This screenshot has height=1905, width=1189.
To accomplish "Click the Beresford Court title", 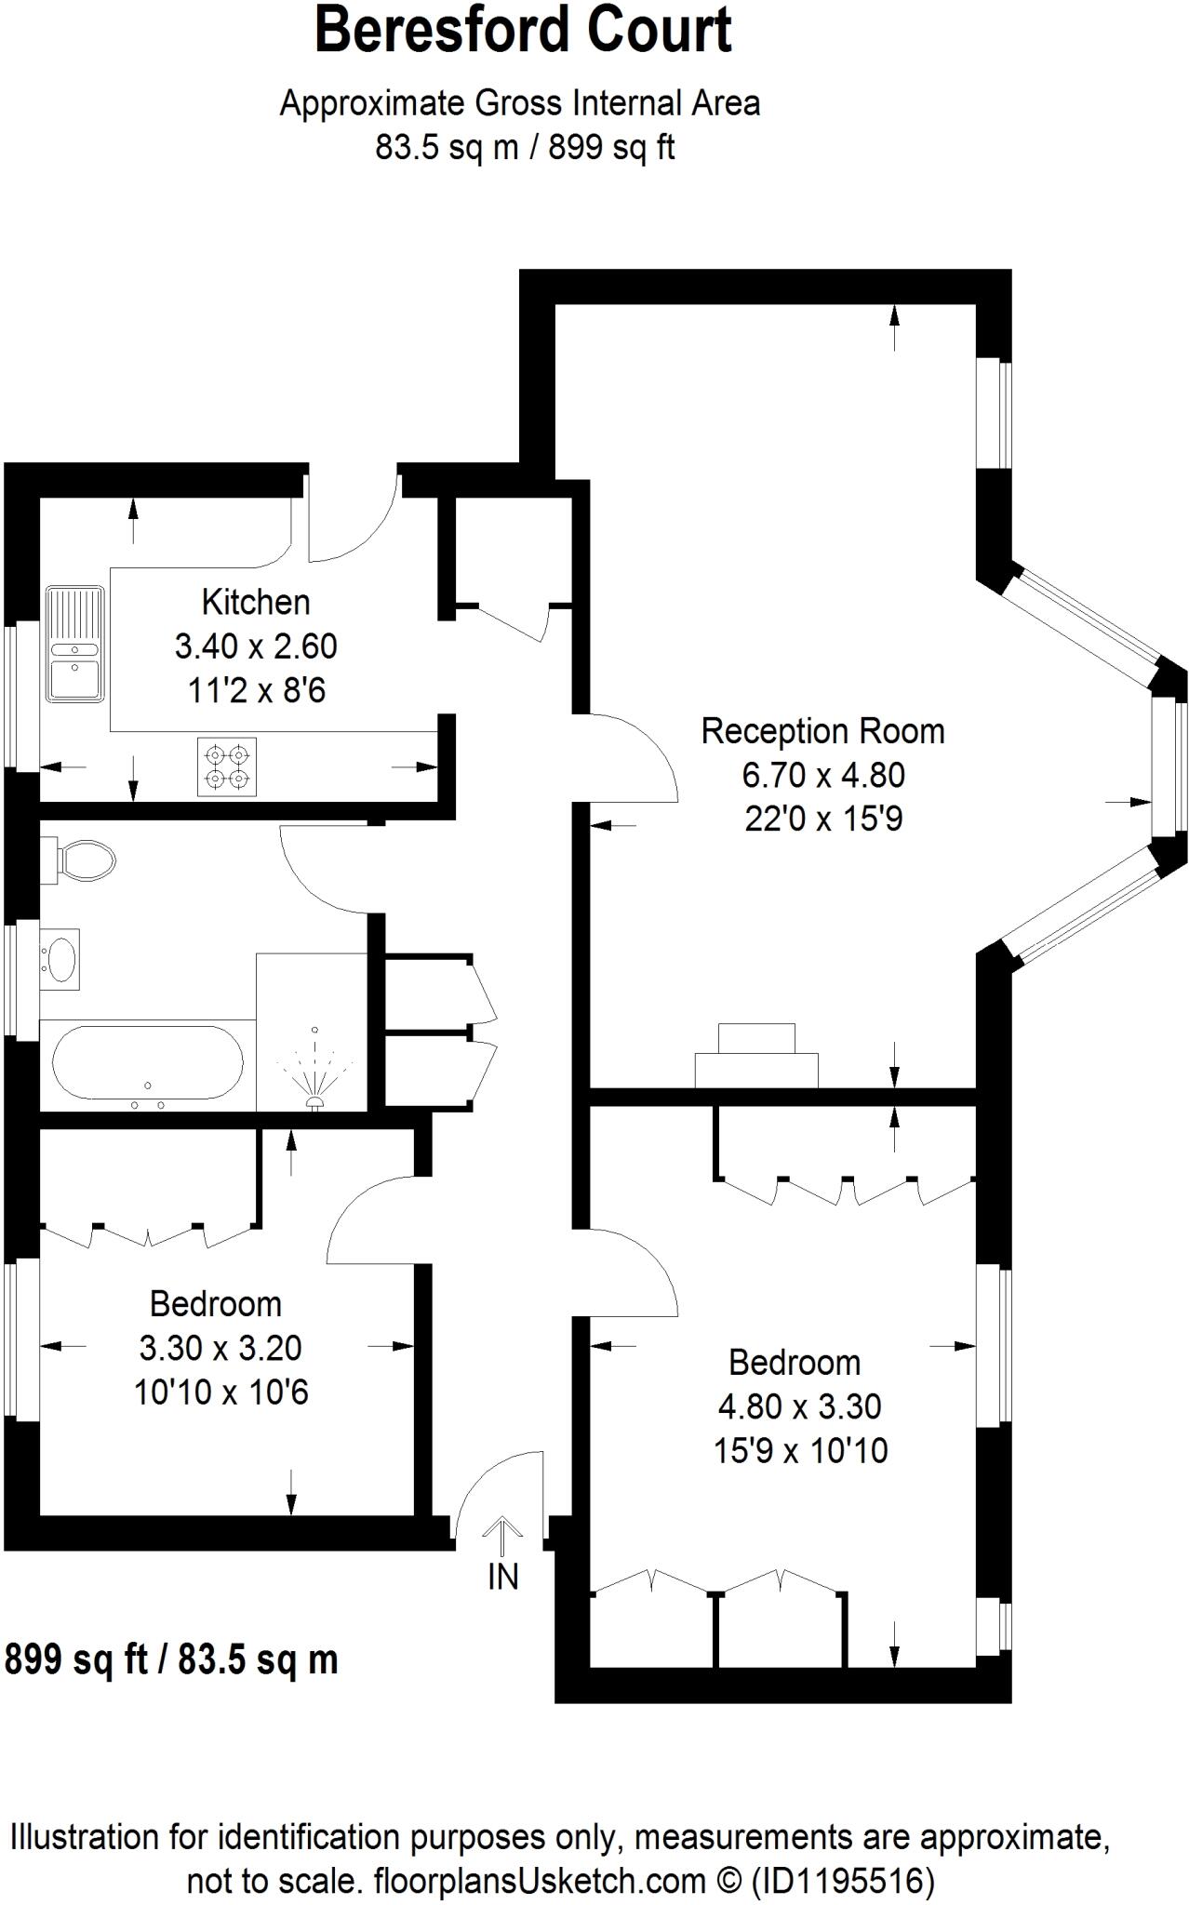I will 523,30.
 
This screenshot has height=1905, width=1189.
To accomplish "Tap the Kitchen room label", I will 256,602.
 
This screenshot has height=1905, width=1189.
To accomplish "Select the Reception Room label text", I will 822,731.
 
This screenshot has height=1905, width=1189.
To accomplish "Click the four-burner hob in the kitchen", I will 227,766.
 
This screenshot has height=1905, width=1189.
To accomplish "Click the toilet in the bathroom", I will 85,859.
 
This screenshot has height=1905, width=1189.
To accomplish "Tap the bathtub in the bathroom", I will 148,1067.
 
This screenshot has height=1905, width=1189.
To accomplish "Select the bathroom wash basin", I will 61,958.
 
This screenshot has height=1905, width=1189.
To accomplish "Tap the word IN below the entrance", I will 502,1577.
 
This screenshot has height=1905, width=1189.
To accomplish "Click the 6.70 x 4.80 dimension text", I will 823,775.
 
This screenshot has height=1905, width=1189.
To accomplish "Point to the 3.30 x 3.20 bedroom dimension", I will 220,1347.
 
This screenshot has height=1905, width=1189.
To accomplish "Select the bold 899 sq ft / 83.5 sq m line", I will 171,1659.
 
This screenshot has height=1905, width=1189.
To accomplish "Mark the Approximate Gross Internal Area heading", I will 520,103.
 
